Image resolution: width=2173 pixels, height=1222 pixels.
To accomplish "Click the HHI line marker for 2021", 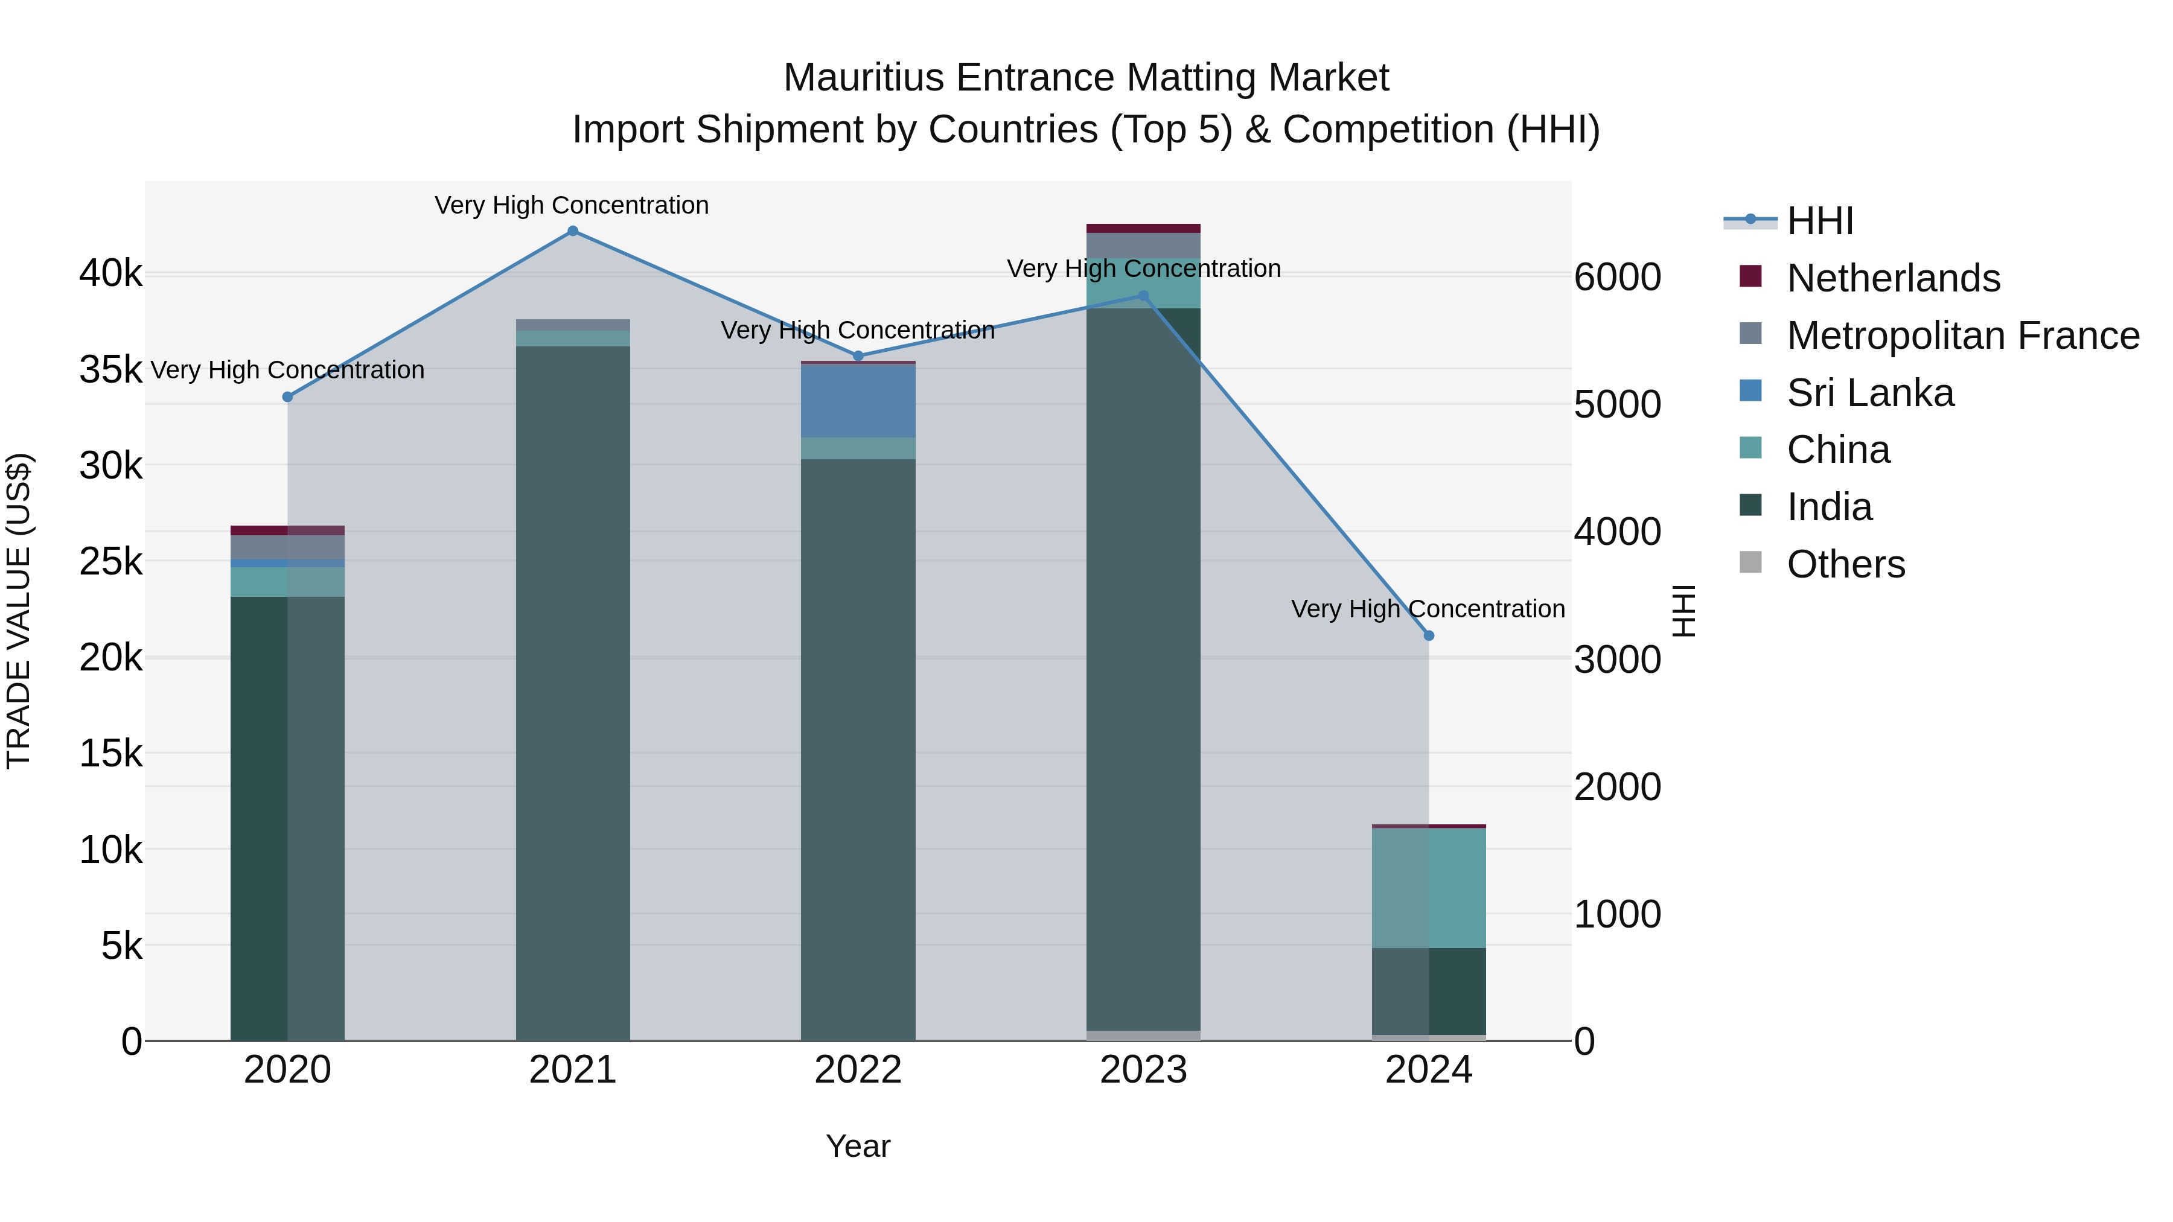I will (x=573, y=231).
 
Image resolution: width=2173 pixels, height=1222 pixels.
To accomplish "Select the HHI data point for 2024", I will (x=1428, y=636).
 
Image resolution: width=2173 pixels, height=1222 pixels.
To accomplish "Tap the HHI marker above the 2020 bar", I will (x=288, y=396).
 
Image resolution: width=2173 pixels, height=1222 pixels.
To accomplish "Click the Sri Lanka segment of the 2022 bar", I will (x=858, y=401).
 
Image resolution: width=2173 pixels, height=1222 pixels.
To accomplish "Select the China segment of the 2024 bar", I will (x=1428, y=888).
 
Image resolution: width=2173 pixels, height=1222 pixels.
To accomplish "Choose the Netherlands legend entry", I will (x=1893, y=278).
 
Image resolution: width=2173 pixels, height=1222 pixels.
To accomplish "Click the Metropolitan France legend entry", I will (x=1962, y=336).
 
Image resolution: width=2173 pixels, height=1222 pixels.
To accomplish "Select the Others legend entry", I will (x=1846, y=564).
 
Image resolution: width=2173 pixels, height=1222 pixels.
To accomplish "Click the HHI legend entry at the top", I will (x=1819, y=221).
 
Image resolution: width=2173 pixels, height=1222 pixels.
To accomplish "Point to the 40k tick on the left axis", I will (x=110, y=274).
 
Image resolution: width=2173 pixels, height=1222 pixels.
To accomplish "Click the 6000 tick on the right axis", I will (x=1617, y=278).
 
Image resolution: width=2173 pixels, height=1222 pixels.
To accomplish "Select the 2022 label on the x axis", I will (x=858, y=1070).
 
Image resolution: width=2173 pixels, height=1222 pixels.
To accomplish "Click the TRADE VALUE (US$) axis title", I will (x=19, y=611).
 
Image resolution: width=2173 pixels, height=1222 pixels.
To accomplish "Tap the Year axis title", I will (x=858, y=1146).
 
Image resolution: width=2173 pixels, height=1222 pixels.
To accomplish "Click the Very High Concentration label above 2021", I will (x=572, y=206).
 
